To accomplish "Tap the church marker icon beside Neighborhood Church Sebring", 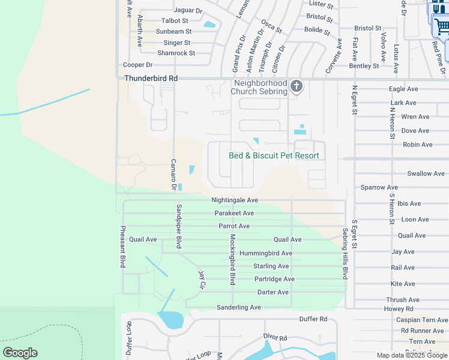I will (x=296, y=87).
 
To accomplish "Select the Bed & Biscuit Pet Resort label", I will (x=273, y=155).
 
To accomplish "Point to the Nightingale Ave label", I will (x=234, y=200).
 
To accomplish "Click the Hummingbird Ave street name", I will (x=265, y=253).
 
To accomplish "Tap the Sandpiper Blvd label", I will (x=178, y=226).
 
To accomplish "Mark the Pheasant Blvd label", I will (x=122, y=246).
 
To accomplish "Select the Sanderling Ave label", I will (x=238, y=307).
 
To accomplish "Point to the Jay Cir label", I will (x=202, y=280).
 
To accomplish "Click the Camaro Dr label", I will (x=173, y=175).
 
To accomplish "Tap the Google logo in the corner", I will (x=20, y=353).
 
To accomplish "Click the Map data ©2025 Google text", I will (x=412, y=355).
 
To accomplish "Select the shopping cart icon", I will (x=441, y=26).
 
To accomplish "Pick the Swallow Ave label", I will (x=426, y=173).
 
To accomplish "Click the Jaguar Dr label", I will (x=188, y=10).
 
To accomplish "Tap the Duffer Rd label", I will (x=315, y=319).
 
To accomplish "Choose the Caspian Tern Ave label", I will (x=423, y=320).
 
